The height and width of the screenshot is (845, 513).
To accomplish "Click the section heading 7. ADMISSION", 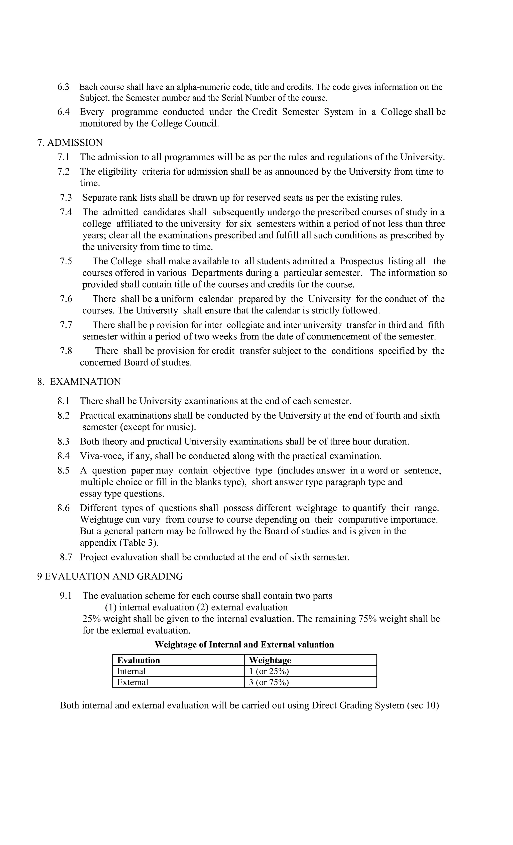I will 70,143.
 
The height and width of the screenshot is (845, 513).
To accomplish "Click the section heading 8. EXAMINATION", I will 79,382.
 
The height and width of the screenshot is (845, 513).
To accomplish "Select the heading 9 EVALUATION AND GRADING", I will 110,576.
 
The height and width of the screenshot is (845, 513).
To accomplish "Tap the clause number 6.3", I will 63,87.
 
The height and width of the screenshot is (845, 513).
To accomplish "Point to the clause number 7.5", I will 66,261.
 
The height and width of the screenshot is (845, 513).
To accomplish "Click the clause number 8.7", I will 66,557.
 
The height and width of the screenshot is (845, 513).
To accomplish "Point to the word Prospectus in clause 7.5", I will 361,261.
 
